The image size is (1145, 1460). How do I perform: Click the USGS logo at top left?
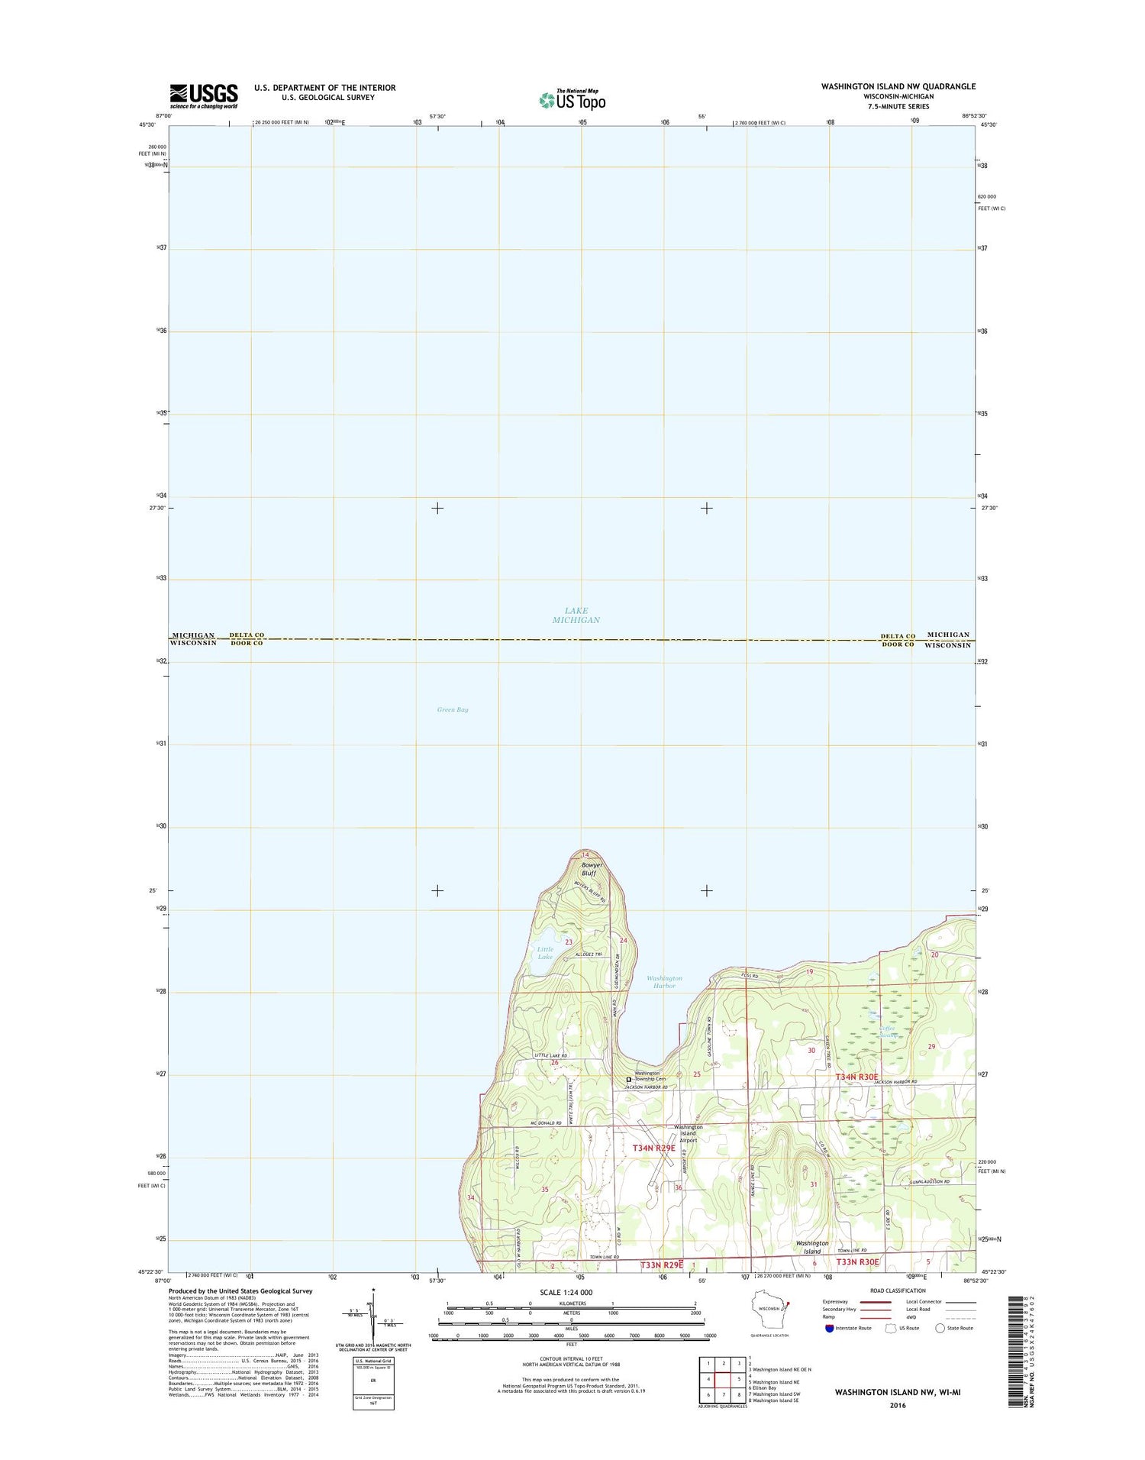tap(203, 97)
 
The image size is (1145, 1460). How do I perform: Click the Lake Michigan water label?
tap(576, 615)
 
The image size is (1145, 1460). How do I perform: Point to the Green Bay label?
tap(453, 710)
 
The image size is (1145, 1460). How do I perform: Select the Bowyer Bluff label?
tap(592, 869)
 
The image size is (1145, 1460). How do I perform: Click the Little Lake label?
tap(545, 953)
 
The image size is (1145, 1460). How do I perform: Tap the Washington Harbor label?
tap(664, 982)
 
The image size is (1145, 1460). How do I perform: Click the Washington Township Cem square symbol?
tap(629, 1080)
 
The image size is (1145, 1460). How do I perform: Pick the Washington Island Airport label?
tap(688, 1134)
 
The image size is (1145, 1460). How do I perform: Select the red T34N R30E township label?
tap(863, 1077)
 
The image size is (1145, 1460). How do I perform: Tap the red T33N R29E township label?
tap(661, 1265)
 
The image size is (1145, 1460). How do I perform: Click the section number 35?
tap(545, 1190)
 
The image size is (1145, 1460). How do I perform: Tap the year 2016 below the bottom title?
tap(898, 1406)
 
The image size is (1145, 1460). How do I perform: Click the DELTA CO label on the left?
tap(246, 635)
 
